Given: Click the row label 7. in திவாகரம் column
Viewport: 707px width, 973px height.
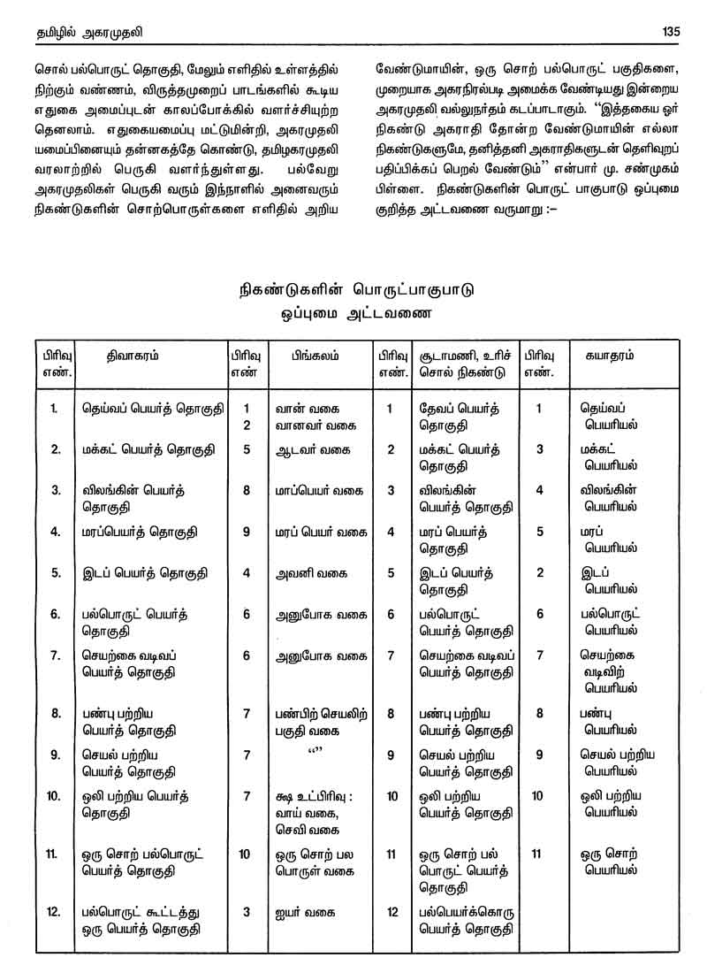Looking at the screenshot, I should click(55, 655).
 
